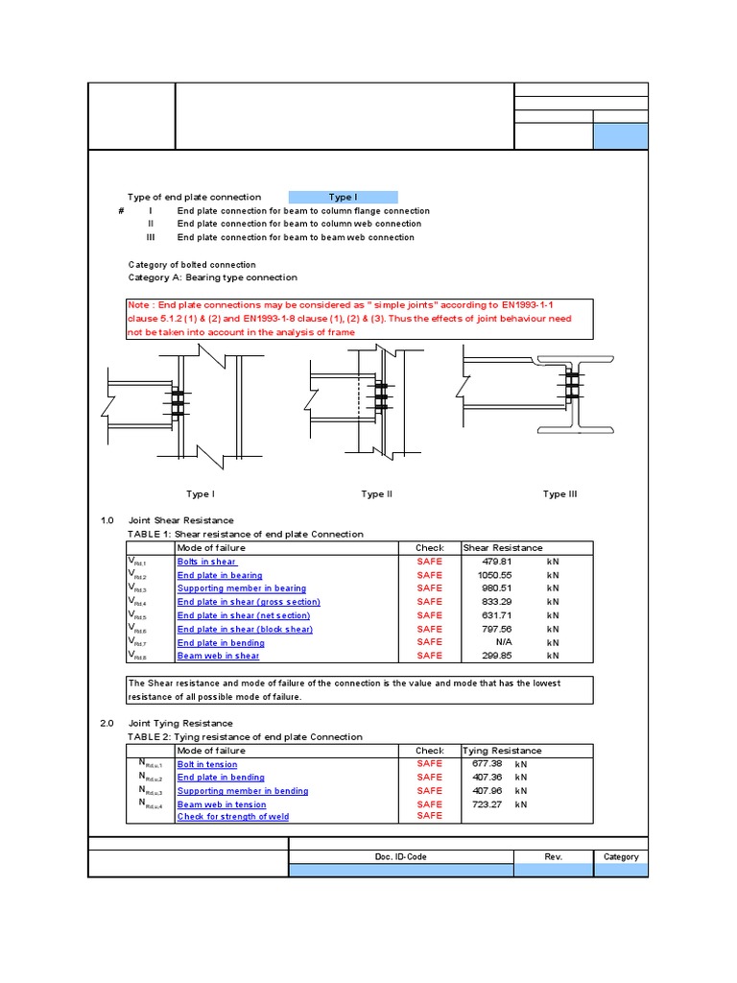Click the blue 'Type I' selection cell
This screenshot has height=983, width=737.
(343, 197)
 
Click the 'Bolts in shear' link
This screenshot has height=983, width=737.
(206, 562)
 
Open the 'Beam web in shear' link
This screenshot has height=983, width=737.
(218, 656)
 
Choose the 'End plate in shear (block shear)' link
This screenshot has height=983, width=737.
(245, 629)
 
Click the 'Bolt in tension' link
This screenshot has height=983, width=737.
(207, 764)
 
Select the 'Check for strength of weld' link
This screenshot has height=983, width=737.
(233, 817)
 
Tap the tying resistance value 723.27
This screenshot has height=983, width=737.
(487, 804)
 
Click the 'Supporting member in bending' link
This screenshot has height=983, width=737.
(243, 791)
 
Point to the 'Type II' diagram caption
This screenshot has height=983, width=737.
(376, 494)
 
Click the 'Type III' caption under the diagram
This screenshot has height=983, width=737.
(559, 494)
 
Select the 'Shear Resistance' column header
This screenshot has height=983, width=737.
(502, 548)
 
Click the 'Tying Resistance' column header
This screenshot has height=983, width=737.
(502, 751)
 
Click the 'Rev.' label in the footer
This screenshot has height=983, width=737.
(553, 856)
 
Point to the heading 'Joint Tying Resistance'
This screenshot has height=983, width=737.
(180, 723)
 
